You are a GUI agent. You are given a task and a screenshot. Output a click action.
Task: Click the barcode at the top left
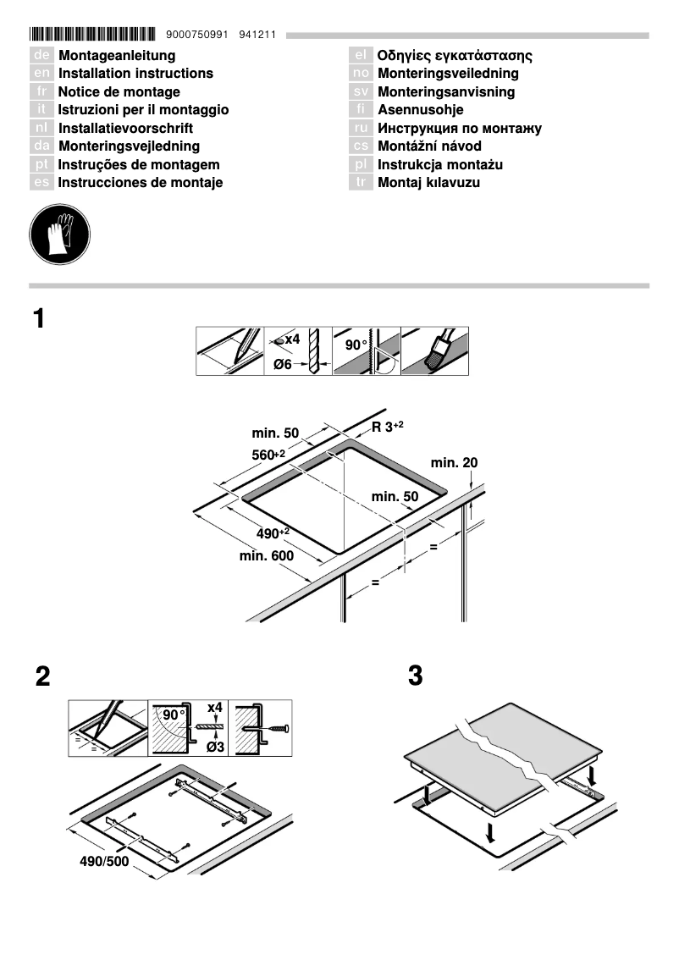tap(92, 35)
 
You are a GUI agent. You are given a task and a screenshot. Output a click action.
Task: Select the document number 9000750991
tap(198, 36)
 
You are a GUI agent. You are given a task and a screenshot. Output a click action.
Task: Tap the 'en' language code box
tap(41, 74)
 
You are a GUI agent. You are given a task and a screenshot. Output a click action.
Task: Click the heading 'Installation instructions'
tap(135, 74)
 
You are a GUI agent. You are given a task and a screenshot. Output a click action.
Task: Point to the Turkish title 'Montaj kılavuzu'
tap(428, 183)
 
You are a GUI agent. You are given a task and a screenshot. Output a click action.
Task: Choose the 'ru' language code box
tap(362, 129)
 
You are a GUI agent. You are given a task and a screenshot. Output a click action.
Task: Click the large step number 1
tap(39, 320)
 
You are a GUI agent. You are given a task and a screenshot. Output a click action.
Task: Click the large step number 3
tap(415, 676)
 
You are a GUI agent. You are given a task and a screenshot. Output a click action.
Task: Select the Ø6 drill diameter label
tap(282, 364)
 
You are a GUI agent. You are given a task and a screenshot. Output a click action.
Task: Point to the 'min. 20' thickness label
tap(454, 463)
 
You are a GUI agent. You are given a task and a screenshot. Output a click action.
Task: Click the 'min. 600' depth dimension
tap(266, 556)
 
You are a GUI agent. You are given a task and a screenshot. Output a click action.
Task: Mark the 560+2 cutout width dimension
tap(268, 455)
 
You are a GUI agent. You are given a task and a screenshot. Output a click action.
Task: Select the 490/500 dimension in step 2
tap(104, 862)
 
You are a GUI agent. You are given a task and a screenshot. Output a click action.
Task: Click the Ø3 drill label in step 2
tap(216, 746)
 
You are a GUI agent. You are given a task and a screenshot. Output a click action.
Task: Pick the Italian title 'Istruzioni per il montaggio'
tap(143, 110)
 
